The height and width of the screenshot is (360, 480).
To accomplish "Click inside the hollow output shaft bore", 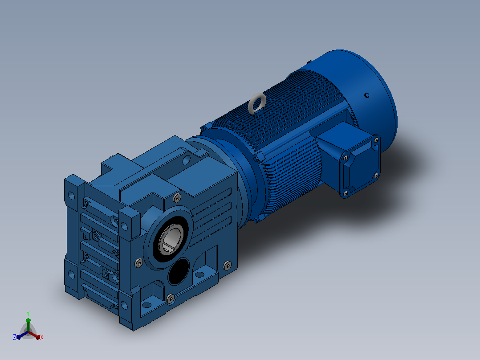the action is coord(171,239).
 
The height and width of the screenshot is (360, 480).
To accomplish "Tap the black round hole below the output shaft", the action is coord(179,271).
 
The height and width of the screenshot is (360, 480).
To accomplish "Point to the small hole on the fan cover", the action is coord(367,95).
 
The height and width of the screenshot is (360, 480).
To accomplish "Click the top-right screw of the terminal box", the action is coord(376,140).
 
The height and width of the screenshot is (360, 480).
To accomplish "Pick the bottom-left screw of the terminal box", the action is coord(346,194).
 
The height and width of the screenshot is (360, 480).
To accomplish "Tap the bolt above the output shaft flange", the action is coord(177,198).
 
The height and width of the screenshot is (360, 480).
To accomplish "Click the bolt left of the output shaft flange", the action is coord(138,263).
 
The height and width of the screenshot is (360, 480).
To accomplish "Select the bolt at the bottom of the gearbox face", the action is coord(171,298).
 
